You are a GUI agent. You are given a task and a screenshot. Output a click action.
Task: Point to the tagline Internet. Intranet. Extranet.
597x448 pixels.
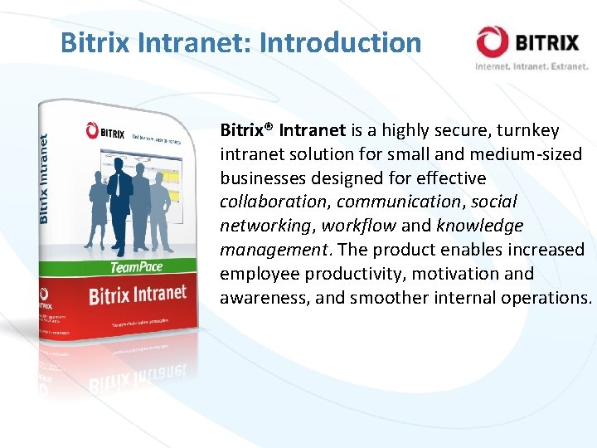531,66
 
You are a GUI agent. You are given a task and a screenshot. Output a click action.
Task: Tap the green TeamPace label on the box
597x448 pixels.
136,267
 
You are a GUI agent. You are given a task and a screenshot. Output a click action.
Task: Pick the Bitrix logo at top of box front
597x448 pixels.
105,131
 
